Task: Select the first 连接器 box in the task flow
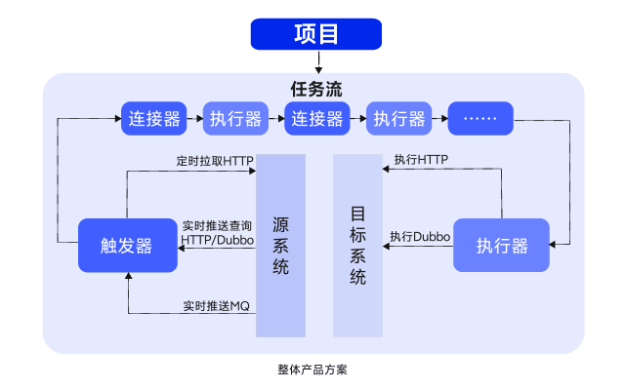coord(153,119)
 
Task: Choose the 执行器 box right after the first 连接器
coord(234,119)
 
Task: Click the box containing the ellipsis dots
coord(479,119)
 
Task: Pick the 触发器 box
coord(127,245)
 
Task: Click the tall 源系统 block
coord(280,245)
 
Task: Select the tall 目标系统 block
coord(357,245)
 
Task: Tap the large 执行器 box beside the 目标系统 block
coord(502,245)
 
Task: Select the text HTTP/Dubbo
coord(217,239)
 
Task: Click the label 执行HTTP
coord(421,159)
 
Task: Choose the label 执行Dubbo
coord(419,236)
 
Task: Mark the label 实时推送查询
coord(217,225)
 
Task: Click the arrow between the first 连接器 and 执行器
coord(193,119)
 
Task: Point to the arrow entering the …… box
coord(438,119)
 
